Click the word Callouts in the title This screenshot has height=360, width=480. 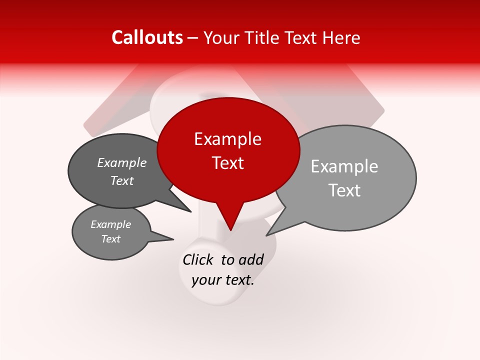click(x=147, y=37)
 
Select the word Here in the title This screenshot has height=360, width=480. click(x=342, y=37)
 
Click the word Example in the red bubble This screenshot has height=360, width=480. click(x=227, y=139)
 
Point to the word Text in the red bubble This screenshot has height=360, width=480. click(x=227, y=163)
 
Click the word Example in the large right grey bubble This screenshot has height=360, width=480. click(x=344, y=166)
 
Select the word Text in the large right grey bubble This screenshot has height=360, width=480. click(x=344, y=190)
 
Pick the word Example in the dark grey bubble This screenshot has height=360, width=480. click(x=122, y=162)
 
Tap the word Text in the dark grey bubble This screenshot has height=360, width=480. click(x=122, y=180)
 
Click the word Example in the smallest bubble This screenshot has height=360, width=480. click(x=110, y=224)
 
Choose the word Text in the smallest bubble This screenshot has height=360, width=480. click(x=110, y=239)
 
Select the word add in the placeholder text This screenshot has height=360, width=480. click(x=250, y=259)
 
